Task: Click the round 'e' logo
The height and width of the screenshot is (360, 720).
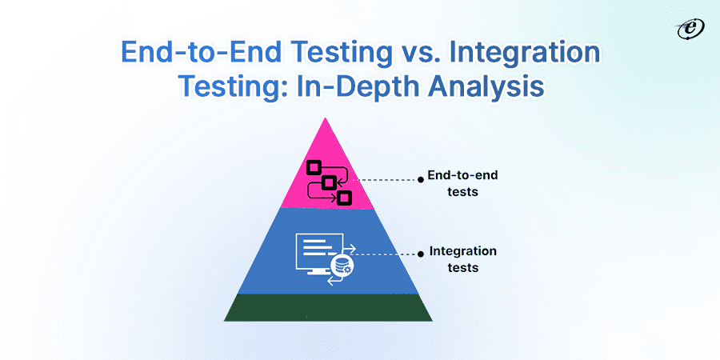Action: (x=690, y=30)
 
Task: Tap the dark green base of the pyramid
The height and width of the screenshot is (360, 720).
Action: (x=328, y=307)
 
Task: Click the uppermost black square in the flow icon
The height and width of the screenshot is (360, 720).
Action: (x=312, y=167)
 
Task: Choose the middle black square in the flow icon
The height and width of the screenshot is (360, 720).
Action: (x=328, y=182)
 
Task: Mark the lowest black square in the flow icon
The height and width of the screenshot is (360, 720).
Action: (x=343, y=198)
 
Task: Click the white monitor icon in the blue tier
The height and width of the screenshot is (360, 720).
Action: (x=319, y=254)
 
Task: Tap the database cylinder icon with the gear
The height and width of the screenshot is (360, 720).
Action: (x=341, y=266)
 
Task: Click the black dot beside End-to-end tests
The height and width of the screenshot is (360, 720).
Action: (x=420, y=181)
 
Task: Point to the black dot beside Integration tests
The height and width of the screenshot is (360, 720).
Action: (x=420, y=254)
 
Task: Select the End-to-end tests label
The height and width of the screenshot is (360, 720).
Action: (x=462, y=183)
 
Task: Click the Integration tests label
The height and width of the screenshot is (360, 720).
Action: (x=463, y=259)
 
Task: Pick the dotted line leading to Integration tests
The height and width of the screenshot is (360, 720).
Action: (x=386, y=254)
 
